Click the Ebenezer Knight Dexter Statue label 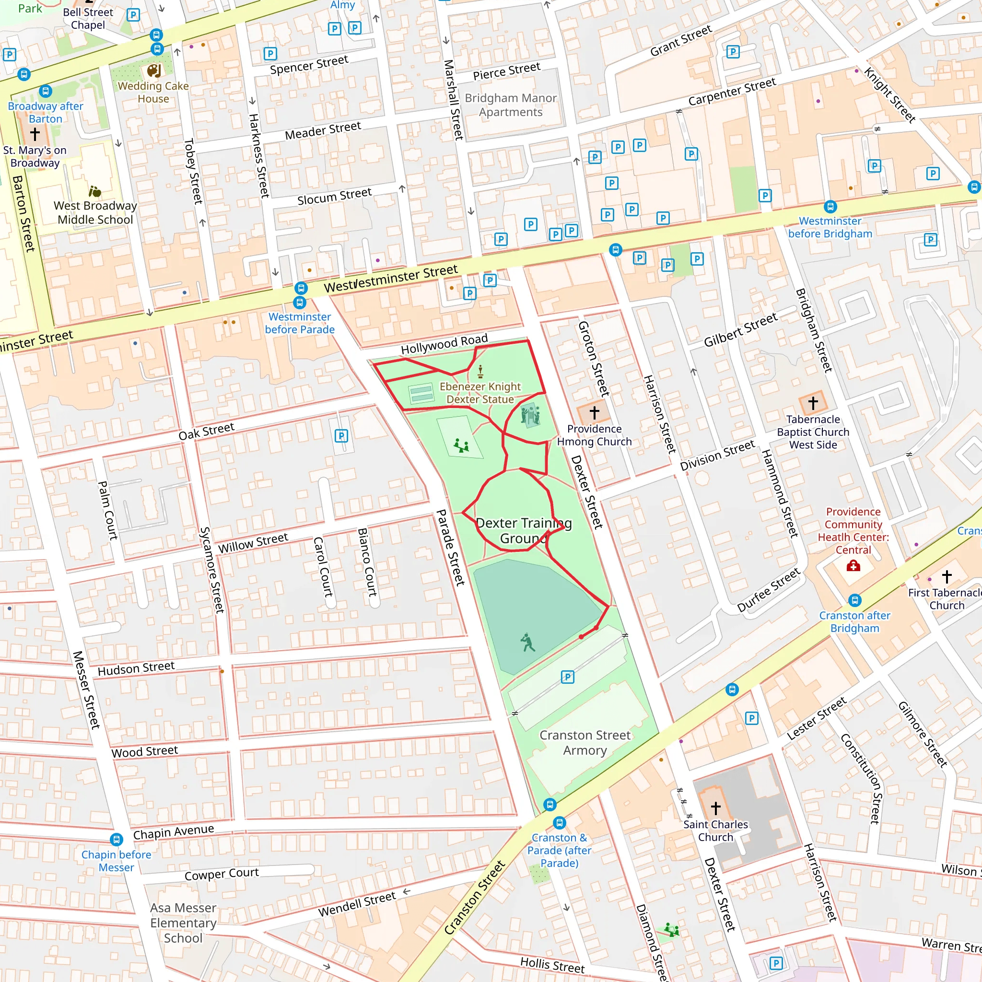[480, 393]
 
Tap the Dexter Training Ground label [524, 530]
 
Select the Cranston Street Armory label [585, 743]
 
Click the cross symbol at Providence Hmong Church [594, 412]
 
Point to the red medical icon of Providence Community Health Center [853, 566]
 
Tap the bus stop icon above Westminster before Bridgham [830, 206]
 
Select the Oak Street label [206, 431]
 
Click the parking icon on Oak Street [341, 435]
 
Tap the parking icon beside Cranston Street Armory [567, 677]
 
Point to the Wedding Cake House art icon [154, 70]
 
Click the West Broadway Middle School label [95, 212]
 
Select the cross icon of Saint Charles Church [716, 807]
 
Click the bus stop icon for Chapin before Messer [117, 839]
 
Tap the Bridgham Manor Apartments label [510, 105]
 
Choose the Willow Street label [253, 543]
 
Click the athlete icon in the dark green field [527, 643]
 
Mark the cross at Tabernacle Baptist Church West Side [813, 403]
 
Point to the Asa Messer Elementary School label [183, 923]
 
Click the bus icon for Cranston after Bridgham [855, 600]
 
